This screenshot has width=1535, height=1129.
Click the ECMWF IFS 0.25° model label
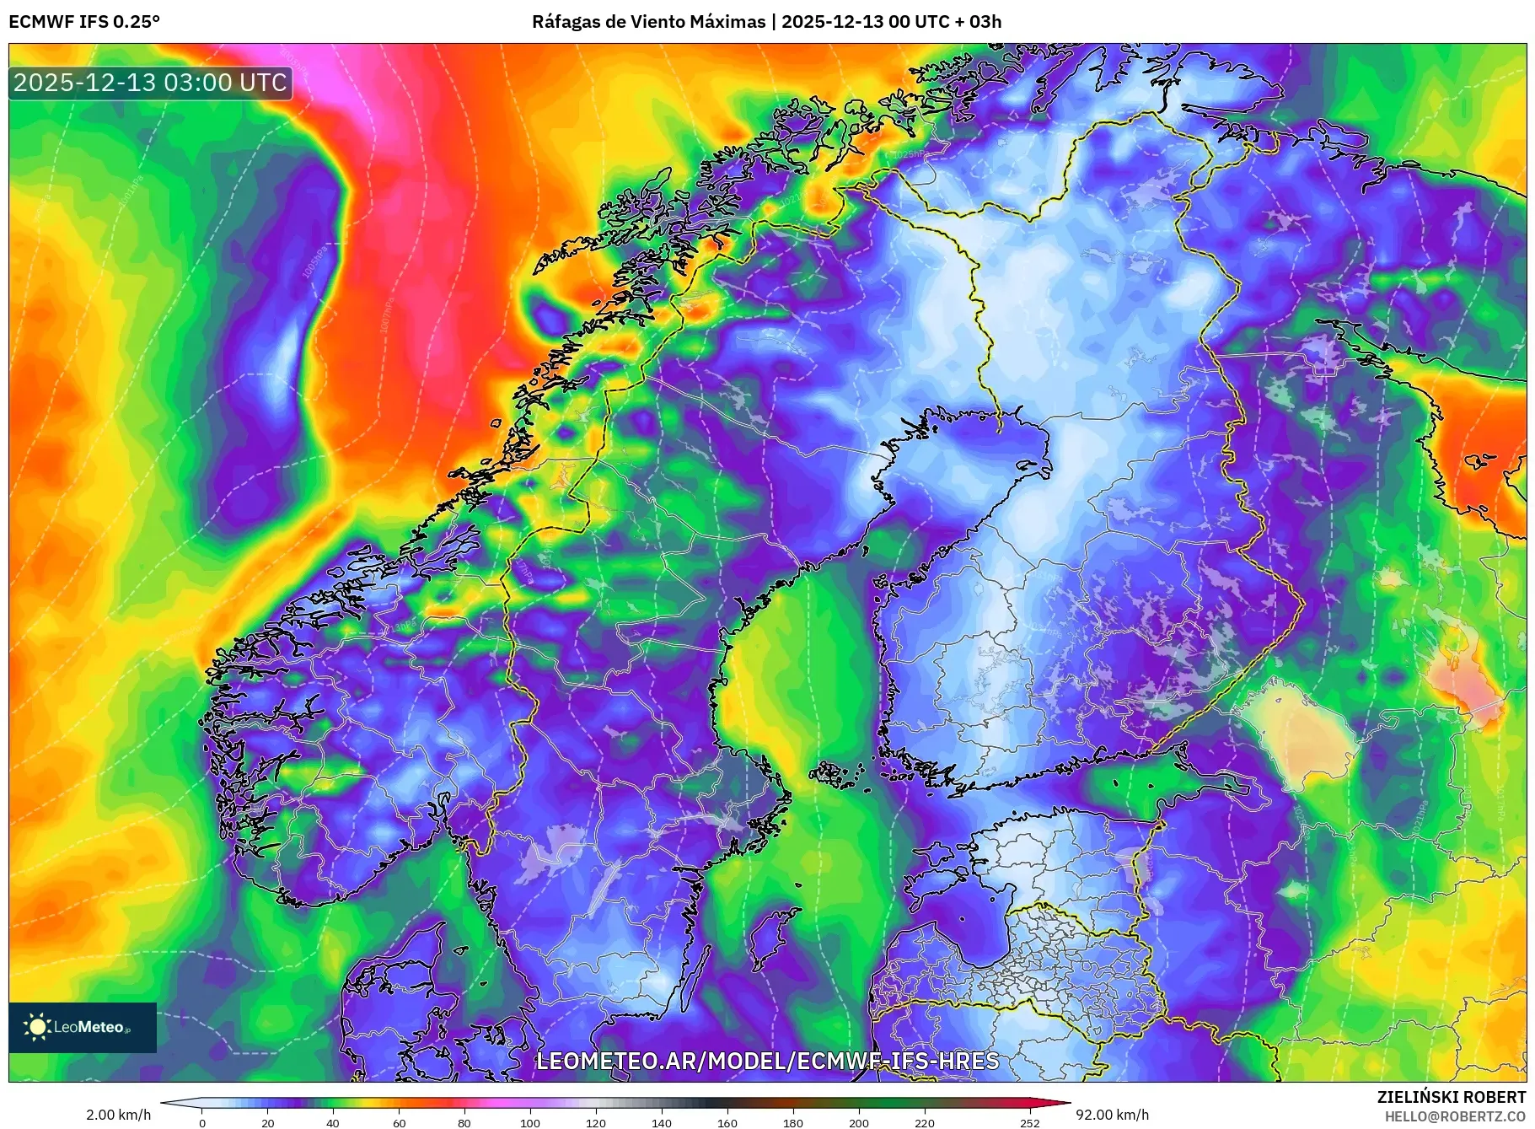(83, 21)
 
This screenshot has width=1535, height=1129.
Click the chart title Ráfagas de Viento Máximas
(648, 21)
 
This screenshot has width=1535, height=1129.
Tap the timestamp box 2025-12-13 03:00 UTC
(150, 83)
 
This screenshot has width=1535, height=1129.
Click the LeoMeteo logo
(82, 1026)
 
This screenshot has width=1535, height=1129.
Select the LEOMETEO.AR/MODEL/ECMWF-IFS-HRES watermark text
(767, 1061)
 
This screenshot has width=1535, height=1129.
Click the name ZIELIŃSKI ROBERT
(1451, 1097)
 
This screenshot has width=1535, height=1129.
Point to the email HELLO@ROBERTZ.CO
(1455, 1116)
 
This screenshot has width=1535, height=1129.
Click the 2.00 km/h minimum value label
(118, 1115)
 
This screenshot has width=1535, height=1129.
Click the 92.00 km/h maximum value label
(1112, 1115)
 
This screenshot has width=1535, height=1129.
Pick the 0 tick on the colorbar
(201, 1122)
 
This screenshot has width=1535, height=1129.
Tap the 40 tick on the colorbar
(333, 1122)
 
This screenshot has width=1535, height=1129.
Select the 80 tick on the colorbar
(464, 1122)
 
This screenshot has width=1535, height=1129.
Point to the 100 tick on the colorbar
(530, 1122)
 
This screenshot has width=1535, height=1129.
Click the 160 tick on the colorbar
(727, 1122)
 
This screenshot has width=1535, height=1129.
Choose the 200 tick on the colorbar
(859, 1122)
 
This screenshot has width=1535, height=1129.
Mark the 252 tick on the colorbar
(1030, 1122)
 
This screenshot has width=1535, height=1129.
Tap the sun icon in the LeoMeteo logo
(37, 1026)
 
